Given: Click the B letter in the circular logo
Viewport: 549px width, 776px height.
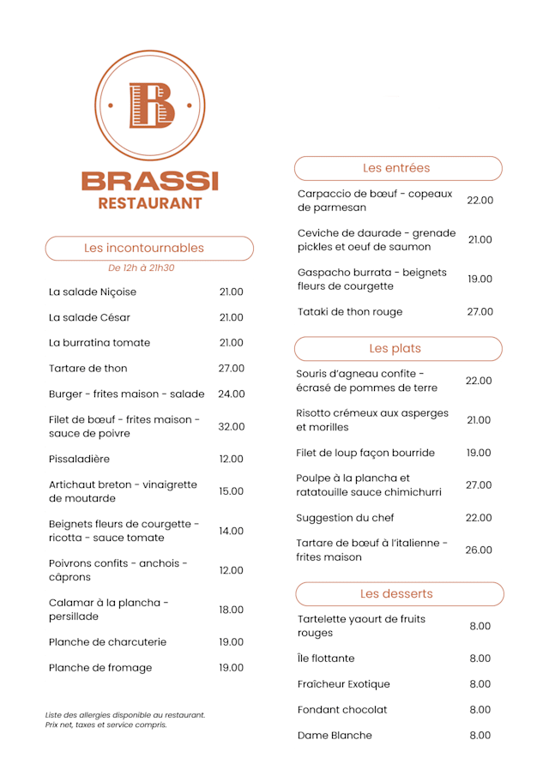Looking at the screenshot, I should click(151, 105).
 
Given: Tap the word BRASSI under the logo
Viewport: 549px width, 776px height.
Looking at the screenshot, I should click(150, 181).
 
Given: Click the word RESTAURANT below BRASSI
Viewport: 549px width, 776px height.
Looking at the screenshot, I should click(150, 203).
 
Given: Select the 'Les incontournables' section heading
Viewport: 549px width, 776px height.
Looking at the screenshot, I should click(144, 248).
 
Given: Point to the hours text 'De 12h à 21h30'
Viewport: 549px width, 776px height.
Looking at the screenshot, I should click(142, 268).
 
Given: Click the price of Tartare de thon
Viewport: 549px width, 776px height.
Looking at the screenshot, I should click(232, 369).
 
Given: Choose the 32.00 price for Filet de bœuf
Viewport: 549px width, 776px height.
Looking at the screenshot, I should click(232, 426).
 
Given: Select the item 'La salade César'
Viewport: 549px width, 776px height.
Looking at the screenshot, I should click(90, 317).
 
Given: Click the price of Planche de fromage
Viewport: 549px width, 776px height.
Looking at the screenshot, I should click(232, 668).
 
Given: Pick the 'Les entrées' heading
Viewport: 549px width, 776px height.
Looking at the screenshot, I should click(396, 168).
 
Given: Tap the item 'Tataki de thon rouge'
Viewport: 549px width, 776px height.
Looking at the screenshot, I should click(350, 312).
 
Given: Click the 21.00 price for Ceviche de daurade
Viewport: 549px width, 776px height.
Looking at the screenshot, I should click(480, 240).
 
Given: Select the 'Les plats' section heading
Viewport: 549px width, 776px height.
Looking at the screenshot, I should click(395, 348).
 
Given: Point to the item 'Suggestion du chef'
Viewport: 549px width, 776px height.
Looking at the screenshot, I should click(346, 518).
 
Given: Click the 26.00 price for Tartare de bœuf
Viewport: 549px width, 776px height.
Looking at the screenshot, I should click(479, 550).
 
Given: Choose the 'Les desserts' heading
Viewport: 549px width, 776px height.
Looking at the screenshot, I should click(396, 593).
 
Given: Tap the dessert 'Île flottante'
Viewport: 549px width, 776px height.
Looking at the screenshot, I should click(326, 659).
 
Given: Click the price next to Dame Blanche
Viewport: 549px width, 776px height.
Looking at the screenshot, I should click(480, 736).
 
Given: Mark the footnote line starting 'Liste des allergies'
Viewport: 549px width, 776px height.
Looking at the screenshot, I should click(125, 714).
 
